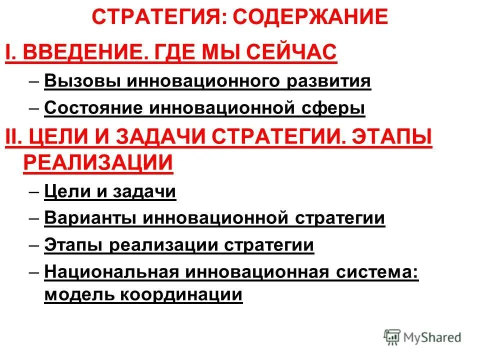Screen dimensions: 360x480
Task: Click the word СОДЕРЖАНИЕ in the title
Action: (310, 17)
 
